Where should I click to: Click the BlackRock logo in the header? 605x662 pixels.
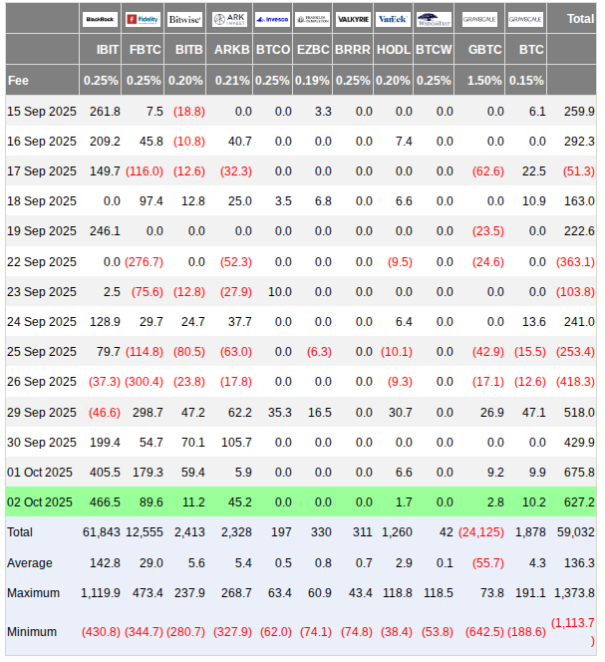tap(100, 19)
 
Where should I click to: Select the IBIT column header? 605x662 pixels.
tap(108, 49)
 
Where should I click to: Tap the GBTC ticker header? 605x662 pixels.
tap(485, 49)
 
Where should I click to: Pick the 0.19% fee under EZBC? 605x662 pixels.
tap(314, 80)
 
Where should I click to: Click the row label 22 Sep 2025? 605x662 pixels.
tap(41, 261)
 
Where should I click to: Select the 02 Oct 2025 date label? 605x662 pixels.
tap(40, 501)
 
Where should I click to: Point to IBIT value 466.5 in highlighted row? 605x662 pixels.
tap(104, 501)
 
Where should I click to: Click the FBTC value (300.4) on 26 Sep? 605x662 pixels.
tap(145, 382)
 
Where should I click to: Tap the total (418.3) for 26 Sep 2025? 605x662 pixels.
tap(575, 382)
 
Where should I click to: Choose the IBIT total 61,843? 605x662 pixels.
tap(101, 532)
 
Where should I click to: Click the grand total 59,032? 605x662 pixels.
tap(575, 532)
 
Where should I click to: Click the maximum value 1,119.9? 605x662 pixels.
tap(100, 592)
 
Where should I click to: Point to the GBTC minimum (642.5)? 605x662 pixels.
tap(481, 631)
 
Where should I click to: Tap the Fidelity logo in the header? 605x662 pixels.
tap(143, 19)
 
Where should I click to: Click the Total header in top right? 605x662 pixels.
tap(579, 19)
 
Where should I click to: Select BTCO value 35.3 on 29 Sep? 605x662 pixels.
tap(273, 412)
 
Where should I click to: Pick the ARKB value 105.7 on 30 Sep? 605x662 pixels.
tap(234, 442)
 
